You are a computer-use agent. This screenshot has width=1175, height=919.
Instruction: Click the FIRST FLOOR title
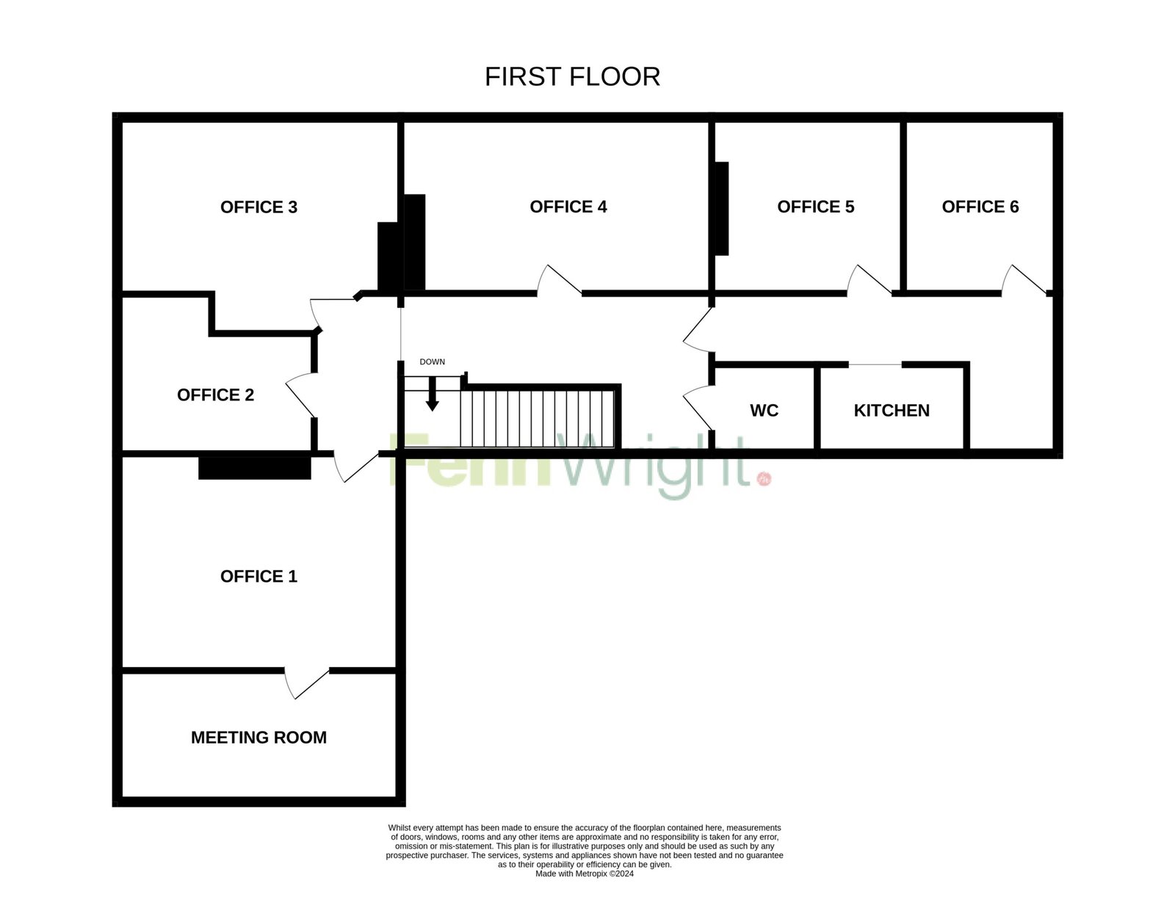tap(572, 77)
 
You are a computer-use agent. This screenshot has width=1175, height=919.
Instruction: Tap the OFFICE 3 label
tap(258, 207)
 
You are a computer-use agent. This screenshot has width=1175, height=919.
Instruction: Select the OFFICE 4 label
tap(568, 206)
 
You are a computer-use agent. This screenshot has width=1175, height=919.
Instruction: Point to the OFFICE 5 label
tap(815, 206)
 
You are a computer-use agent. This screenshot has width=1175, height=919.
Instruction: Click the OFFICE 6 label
tap(980, 206)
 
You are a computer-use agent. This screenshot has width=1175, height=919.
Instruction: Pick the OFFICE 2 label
tap(215, 395)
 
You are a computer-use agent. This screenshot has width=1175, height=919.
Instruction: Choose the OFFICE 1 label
tap(258, 576)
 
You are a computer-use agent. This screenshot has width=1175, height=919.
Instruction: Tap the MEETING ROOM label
tap(258, 738)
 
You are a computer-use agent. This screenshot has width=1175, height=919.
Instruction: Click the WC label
tap(764, 411)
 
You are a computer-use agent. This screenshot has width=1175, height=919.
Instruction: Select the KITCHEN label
tap(892, 411)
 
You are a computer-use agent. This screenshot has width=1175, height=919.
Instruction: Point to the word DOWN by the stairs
tap(432, 362)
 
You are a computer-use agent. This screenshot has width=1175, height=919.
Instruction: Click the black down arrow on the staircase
tap(432, 394)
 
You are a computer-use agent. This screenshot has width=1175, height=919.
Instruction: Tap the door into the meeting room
tap(306, 684)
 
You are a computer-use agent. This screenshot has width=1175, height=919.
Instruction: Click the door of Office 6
tap(1024, 280)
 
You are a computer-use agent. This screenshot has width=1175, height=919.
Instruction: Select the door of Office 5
tap(869, 280)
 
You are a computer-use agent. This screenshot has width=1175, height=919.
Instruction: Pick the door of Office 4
tap(559, 280)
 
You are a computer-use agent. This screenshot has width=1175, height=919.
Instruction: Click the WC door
tap(698, 408)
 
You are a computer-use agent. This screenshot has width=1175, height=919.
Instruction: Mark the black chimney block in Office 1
tap(255, 468)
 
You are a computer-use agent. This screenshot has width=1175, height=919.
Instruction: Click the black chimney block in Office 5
tap(722, 208)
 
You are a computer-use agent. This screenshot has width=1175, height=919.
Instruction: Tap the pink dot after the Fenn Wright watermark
tap(764, 479)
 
